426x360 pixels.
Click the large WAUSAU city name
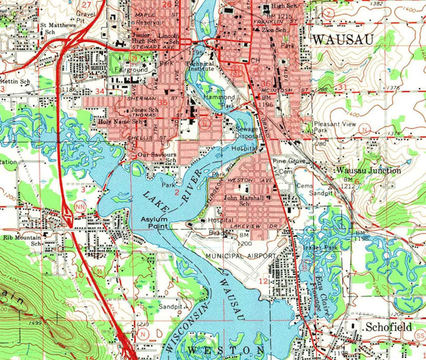(343, 39)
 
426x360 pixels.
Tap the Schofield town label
(389, 327)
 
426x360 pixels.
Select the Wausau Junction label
(368, 171)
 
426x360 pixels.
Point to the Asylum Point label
(154, 223)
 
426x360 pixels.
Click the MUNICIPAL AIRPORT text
(241, 256)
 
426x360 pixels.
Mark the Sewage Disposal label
(247, 133)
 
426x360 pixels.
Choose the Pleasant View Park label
(334, 127)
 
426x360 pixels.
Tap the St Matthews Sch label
(58, 28)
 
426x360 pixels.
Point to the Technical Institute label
(200, 66)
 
